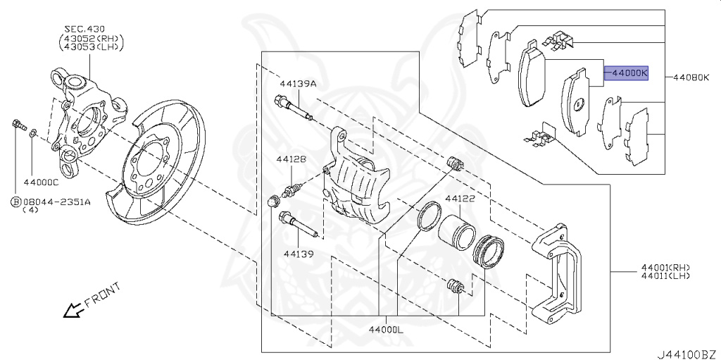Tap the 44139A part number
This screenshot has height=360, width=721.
(298, 84)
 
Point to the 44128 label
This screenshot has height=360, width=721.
(291, 159)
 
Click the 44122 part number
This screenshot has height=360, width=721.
(459, 199)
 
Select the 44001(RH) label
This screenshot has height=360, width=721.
(665, 267)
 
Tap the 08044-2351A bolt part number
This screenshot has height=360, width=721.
(57, 201)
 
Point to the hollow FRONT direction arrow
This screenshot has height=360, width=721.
(71, 309)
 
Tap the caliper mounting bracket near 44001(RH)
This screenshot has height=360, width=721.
(560, 275)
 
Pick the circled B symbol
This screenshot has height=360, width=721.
(15, 202)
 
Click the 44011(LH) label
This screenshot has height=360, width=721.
(665, 276)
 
